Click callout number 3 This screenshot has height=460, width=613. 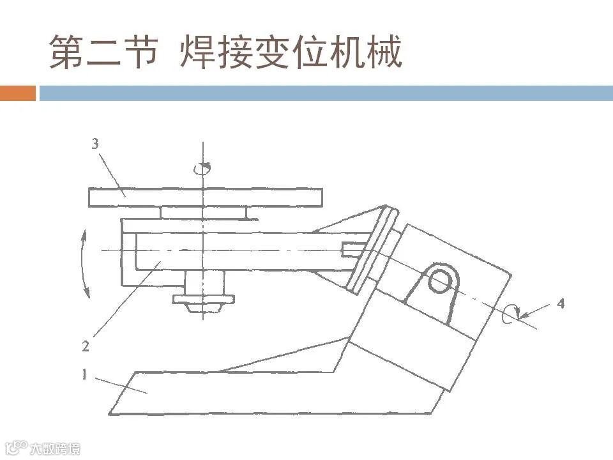click(x=95, y=144)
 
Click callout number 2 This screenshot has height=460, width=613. click(x=85, y=347)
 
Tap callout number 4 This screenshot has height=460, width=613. click(x=561, y=304)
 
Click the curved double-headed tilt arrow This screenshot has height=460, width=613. click(x=84, y=264)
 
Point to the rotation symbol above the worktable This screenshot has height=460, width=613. click(x=203, y=167)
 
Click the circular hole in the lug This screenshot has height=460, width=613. click(x=440, y=280)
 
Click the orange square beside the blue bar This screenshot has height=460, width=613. click(x=17, y=93)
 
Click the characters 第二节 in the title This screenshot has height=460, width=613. click(x=102, y=52)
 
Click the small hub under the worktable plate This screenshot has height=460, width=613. click(x=203, y=212)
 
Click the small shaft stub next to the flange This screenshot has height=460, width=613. click(x=353, y=249)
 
